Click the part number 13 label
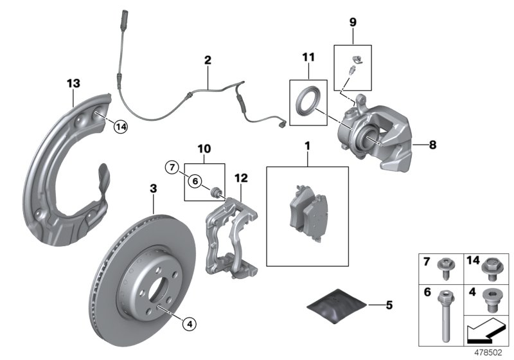[73, 83]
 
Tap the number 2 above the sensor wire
[207, 60]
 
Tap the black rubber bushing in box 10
[216, 190]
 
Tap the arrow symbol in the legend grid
[483, 333]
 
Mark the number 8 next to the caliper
[432, 145]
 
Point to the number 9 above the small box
[353, 22]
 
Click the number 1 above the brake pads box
[307, 147]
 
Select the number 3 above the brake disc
[153, 188]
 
